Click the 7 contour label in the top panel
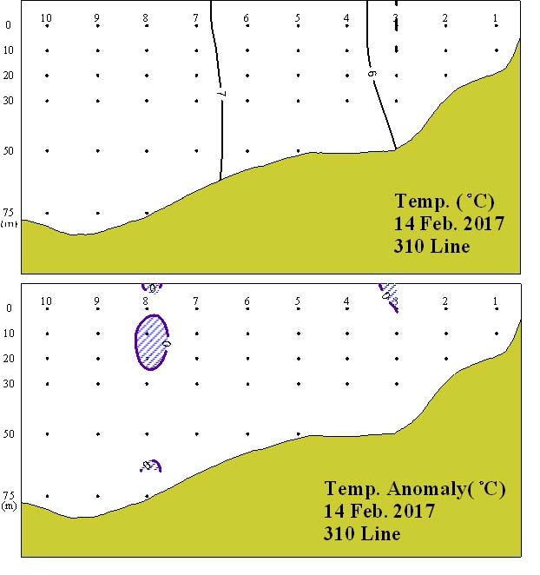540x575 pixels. (221, 93)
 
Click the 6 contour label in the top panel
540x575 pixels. (372, 75)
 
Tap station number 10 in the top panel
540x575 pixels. (46, 18)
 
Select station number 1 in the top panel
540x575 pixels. (496, 18)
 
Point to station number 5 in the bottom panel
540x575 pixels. (297, 301)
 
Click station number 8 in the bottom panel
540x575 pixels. (146, 301)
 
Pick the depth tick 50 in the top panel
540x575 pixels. (9, 151)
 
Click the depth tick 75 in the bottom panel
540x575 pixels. (9, 496)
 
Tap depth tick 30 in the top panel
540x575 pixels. (9, 101)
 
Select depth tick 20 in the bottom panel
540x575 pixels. (9, 359)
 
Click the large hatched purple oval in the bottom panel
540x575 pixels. (151, 341)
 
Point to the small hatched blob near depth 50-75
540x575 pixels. (150, 466)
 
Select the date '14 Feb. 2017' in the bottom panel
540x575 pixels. (379, 511)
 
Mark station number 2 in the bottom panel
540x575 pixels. (445, 301)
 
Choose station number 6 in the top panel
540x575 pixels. (247, 18)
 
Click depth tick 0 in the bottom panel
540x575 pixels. (9, 308)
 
